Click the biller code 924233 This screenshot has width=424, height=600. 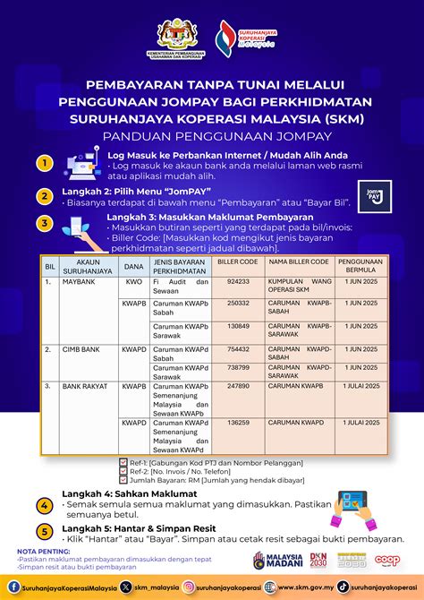click(x=238, y=281)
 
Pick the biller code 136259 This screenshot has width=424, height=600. click(x=238, y=422)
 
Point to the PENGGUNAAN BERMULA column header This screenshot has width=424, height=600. click(x=360, y=266)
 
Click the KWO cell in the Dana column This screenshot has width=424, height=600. click(x=133, y=281)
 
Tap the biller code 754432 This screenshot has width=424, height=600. click(x=238, y=350)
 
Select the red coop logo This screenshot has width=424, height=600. click(x=388, y=560)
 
